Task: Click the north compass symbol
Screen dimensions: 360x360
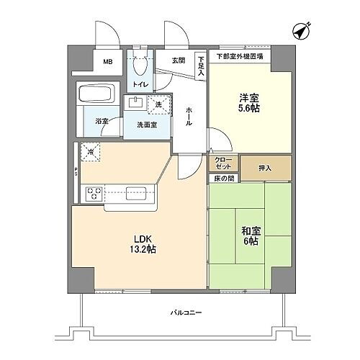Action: point(303,31)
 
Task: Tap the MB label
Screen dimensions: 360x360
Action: point(107,63)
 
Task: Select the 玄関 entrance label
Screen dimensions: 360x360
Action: point(178,60)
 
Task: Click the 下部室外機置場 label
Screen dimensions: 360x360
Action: point(240,56)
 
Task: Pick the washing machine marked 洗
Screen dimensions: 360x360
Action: point(159,104)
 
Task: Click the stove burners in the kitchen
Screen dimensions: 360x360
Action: point(94,193)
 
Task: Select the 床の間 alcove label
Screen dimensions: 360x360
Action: point(222,177)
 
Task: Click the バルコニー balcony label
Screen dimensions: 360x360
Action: point(186,313)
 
